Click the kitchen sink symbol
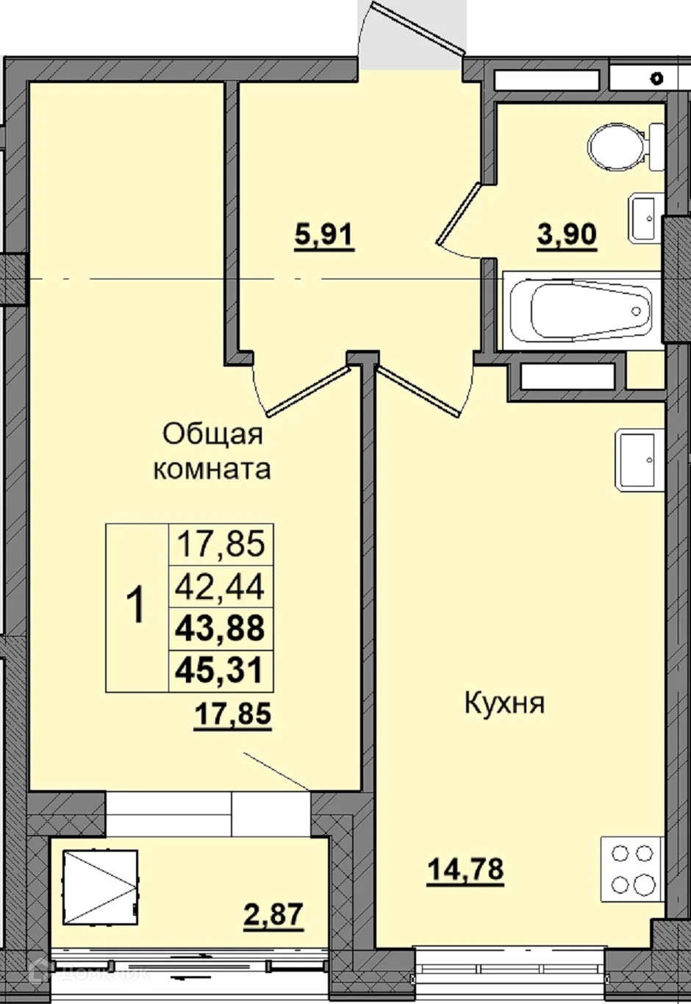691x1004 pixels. tap(637, 460)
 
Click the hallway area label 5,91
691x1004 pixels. tap(323, 236)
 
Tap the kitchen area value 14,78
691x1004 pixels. tap(465, 869)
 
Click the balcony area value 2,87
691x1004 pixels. tap(273, 915)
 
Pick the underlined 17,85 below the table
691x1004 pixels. tap(232, 714)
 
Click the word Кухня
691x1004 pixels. tap(504, 703)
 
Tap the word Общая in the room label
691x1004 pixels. tap(212, 434)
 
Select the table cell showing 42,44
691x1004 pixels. tap(221, 587)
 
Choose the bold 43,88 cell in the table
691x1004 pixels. tap(221, 628)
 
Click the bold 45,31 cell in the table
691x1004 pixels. tap(221, 670)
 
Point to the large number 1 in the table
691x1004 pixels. tap(137, 607)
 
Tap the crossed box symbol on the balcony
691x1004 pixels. tap(101, 888)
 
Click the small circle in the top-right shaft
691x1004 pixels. tap(656, 76)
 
